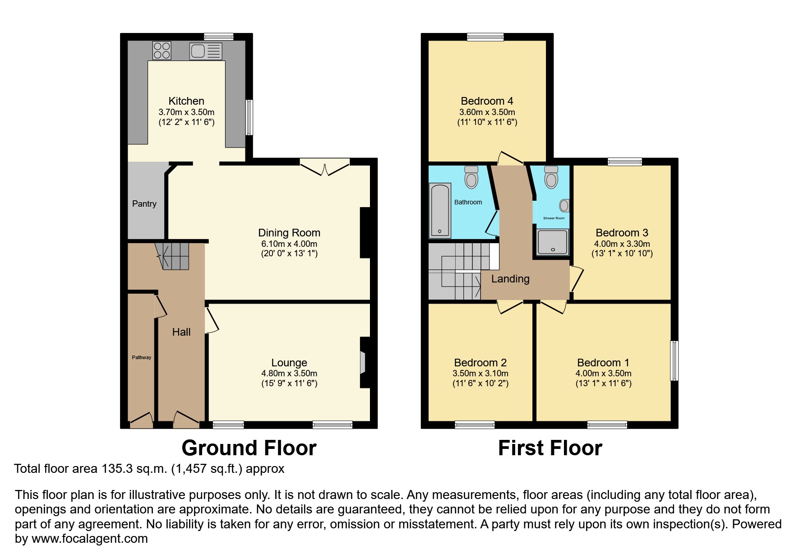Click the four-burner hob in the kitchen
[162, 50]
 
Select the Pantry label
[144, 204]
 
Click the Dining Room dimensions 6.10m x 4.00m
[289, 244]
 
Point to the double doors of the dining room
[325, 167]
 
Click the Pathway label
[142, 357]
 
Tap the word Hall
[181, 332]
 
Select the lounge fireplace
[364, 362]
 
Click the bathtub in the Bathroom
[440, 210]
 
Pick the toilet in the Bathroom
[471, 177]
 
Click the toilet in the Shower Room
[551, 177]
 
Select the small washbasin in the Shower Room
[564, 206]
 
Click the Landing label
[510, 279]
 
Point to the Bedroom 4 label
[487, 101]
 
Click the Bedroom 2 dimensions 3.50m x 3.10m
[480, 374]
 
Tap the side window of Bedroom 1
[674, 360]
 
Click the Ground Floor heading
[249, 448]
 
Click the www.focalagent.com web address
[89, 539]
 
